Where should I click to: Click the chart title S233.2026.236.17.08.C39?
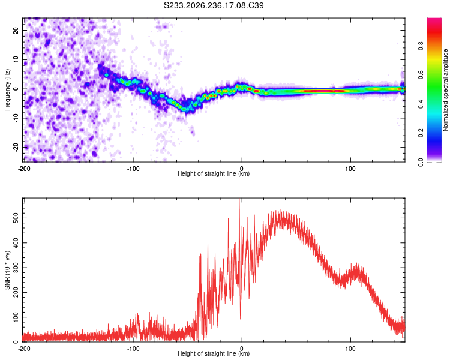click(214, 5)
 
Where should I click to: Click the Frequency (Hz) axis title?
click(7, 90)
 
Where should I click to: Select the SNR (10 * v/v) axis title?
click(7, 270)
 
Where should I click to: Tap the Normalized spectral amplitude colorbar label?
click(445, 90)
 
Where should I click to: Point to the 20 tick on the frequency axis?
click(16, 30)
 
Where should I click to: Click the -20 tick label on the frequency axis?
click(16, 147)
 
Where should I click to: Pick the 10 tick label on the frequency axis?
click(16, 59)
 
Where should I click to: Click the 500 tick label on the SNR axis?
click(16, 218)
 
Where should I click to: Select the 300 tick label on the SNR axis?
click(16, 268)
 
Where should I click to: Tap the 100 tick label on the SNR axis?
click(16, 317)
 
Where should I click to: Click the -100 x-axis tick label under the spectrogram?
click(133, 169)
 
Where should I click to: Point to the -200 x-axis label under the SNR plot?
click(24, 349)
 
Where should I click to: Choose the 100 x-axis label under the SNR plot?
click(350, 349)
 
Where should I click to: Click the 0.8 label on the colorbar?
click(421, 46)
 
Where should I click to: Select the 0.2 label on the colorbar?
click(421, 133)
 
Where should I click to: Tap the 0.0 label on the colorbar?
click(421, 162)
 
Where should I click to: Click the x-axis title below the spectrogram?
click(214, 173)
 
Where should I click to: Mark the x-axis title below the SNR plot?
click(214, 353)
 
